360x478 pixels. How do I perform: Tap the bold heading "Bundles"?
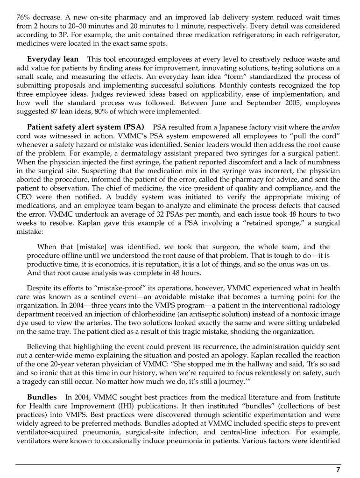pyautogui.click(x=42, y=397)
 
